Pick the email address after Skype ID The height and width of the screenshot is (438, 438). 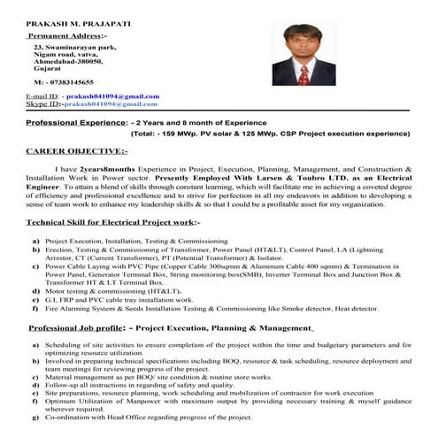pyautogui.click(x=117, y=104)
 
